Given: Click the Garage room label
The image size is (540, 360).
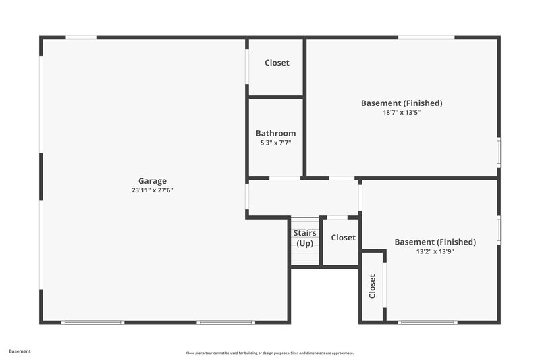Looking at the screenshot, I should pyautogui.click(x=153, y=180).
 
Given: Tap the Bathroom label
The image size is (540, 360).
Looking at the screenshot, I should pyautogui.click(x=275, y=133).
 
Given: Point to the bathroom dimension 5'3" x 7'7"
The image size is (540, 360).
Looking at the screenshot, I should pyautogui.click(x=275, y=143).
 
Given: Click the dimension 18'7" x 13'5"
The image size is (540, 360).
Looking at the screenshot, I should pyautogui.click(x=402, y=113).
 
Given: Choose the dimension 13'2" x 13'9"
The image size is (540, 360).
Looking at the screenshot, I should pyautogui.click(x=435, y=251).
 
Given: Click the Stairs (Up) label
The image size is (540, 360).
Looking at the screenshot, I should pyautogui.click(x=304, y=238).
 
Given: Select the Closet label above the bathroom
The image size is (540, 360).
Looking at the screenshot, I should pyautogui.click(x=277, y=63).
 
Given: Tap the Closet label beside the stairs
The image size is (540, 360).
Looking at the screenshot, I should pyautogui.click(x=343, y=238).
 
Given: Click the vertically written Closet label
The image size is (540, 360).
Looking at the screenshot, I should pyautogui.click(x=372, y=286).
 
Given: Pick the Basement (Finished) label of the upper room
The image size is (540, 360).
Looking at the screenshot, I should pyautogui.click(x=402, y=103).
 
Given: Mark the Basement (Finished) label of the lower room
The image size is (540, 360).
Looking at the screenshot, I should pyautogui.click(x=435, y=242).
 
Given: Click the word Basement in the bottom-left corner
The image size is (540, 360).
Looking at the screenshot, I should pyautogui.click(x=20, y=351).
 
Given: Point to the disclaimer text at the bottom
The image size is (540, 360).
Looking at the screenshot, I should pyautogui.click(x=270, y=353).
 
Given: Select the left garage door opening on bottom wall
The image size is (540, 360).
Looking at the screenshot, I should pyautogui.click(x=92, y=322).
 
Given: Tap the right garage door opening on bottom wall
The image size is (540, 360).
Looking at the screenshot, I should pyautogui.click(x=225, y=322).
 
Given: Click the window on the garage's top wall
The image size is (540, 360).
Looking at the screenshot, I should pyautogui.click(x=81, y=37).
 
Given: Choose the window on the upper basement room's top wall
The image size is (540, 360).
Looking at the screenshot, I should pyautogui.click(x=426, y=37).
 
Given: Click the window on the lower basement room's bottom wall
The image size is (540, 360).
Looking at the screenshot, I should pyautogui.click(x=427, y=322).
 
